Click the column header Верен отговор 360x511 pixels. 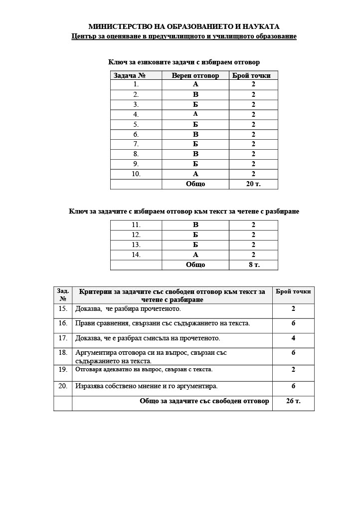click(x=195, y=75)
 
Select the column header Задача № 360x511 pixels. click(x=130, y=75)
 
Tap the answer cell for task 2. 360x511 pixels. click(x=195, y=94)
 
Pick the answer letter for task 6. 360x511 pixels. click(x=195, y=134)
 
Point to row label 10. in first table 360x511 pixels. click(x=136, y=174)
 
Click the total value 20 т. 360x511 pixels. click(x=253, y=184)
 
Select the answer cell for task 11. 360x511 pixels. click(x=195, y=225)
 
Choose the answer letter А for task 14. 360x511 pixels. click(x=195, y=255)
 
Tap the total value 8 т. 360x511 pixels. click(x=254, y=265)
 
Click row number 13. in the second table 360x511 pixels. click(x=136, y=245)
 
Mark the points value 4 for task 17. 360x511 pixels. click(x=293, y=338)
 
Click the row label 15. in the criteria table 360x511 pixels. click(x=63, y=309)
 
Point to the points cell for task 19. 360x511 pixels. click(x=293, y=370)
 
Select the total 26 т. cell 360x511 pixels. click(x=293, y=401)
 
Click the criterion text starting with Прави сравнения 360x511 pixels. click(x=163, y=323)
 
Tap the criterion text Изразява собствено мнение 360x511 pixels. click(x=147, y=386)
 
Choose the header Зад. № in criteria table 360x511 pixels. click(x=63, y=295)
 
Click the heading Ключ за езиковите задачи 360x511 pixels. click(x=184, y=62)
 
